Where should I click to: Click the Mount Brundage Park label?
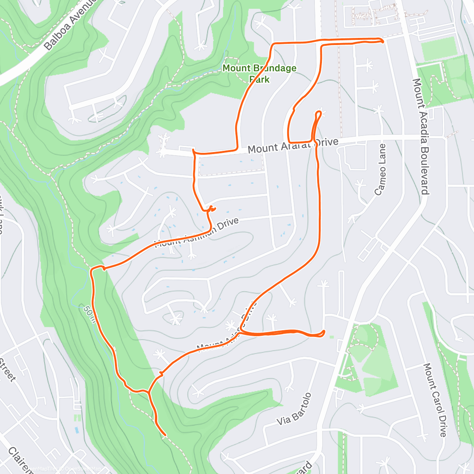(x=259, y=73)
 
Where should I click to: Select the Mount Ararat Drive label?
(x=293, y=145)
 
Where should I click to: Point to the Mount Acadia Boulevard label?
(x=420, y=136)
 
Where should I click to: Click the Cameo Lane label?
(x=380, y=169)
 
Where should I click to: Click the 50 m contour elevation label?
(x=90, y=314)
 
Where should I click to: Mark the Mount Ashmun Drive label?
(x=197, y=233)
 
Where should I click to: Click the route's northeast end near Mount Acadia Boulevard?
(x=382, y=41)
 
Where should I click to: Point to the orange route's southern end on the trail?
(x=164, y=435)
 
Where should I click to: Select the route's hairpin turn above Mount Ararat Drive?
(x=319, y=114)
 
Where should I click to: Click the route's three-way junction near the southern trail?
(x=149, y=392)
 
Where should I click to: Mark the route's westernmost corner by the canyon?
(x=92, y=270)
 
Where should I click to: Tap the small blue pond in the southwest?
(x=76, y=430)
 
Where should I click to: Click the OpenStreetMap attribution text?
(x=82, y=469)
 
